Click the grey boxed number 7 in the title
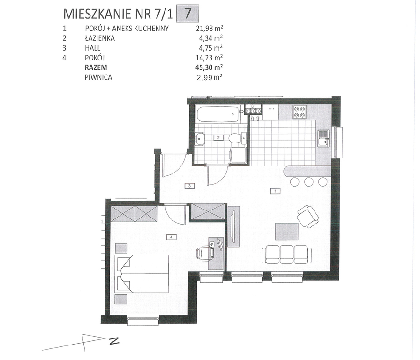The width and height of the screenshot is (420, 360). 187,14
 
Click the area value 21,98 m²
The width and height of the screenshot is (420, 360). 210,28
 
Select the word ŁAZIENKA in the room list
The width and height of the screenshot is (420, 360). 100,38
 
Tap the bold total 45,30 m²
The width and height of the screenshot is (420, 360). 209,67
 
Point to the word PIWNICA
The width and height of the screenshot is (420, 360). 98,77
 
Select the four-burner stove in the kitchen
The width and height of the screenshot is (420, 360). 300,112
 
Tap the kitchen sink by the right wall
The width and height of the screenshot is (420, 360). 323,138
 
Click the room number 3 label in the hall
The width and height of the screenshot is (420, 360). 189,185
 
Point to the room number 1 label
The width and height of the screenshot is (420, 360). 275,191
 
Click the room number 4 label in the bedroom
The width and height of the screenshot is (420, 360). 171,237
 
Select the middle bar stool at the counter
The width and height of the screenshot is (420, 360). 309,181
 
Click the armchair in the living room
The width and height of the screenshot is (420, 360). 308,216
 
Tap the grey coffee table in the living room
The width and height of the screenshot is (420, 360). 287,232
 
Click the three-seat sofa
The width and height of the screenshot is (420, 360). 286,255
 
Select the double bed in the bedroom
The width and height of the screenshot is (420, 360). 142,273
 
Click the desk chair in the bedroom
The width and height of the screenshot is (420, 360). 205,253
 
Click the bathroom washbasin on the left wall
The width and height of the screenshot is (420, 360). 199,139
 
